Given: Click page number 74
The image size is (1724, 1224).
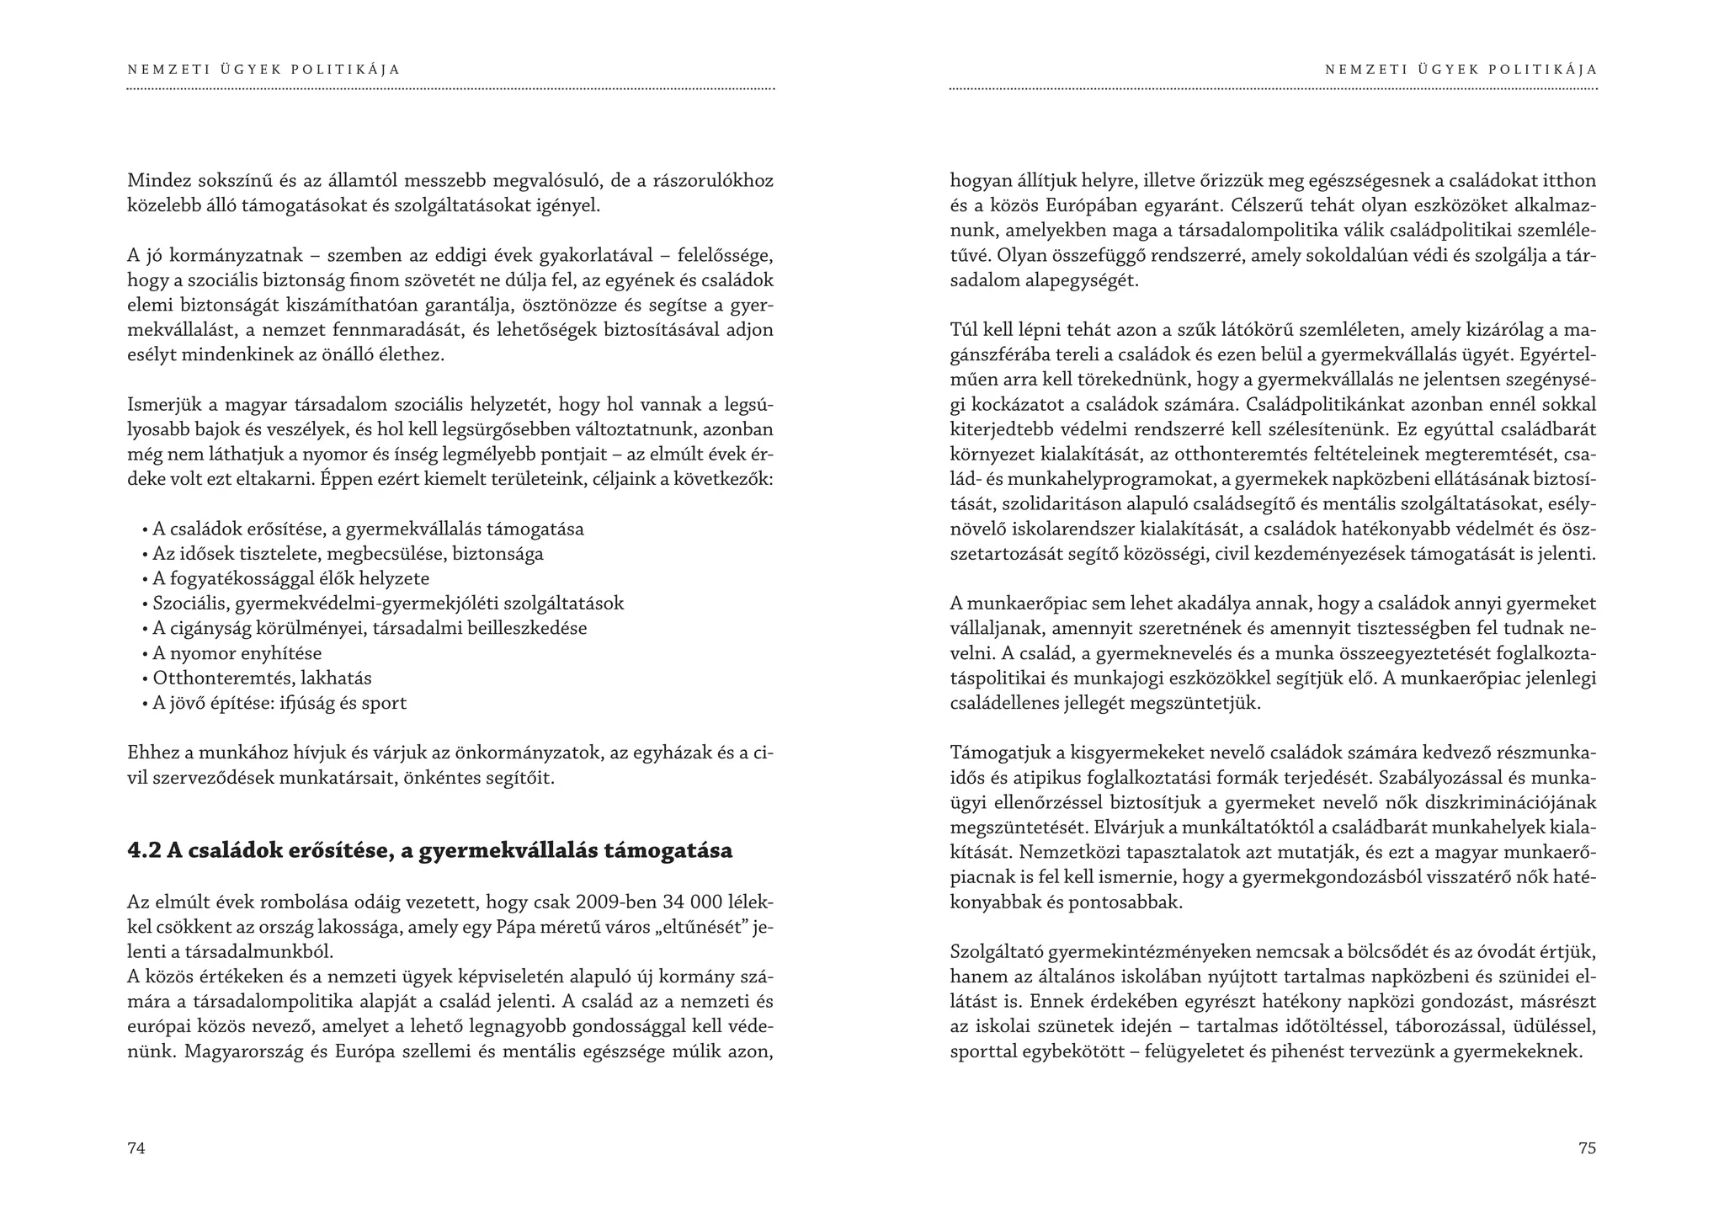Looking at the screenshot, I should pyautogui.click(x=136, y=1148).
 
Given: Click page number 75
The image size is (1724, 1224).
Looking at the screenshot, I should pyautogui.click(x=1587, y=1148).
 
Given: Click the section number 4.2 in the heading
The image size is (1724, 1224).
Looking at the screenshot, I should pyautogui.click(x=144, y=851).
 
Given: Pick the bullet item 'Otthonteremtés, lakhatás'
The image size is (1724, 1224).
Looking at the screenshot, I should pyautogui.click(x=262, y=678).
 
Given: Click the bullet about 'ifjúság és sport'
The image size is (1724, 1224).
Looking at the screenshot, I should pyautogui.click(x=279, y=703).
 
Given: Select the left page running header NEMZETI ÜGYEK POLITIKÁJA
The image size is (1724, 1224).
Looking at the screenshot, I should pyautogui.click(x=263, y=70).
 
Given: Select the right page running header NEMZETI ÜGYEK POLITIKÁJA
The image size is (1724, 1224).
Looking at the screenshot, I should pyautogui.click(x=1461, y=70).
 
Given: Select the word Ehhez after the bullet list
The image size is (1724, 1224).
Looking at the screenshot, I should pyautogui.click(x=151, y=753).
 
